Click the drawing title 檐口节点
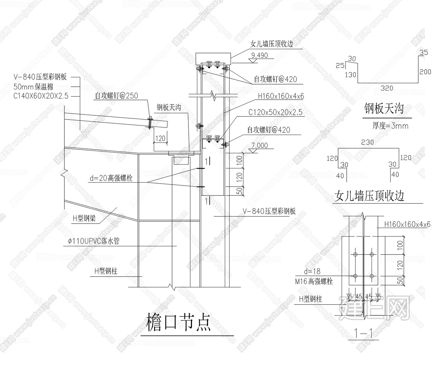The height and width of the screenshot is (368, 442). coord(178,322)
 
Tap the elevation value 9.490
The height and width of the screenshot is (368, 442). coord(259,55)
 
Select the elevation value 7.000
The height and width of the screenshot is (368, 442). coord(259,145)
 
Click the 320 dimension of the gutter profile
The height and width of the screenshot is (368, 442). coord(387,88)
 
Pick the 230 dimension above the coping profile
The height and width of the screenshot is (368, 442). coord(367,142)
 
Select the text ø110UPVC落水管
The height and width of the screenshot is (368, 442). coord(94,241)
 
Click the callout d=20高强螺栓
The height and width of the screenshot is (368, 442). coord(111,178)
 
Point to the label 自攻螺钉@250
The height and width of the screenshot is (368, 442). coord(116,96)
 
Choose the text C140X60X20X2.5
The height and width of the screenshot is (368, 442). coord(41,96)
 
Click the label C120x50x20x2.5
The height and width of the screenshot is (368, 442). coord(275,112)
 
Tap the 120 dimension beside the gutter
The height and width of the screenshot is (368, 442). coord(160,138)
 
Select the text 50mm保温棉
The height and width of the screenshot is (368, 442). coord(33,87)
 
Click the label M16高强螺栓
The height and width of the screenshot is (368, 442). coord(314,281)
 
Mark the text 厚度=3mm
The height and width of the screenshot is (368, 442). coord(390,126)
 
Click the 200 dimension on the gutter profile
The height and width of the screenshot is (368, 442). coord(425,72)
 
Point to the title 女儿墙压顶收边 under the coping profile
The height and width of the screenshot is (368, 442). coord(370,196)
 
